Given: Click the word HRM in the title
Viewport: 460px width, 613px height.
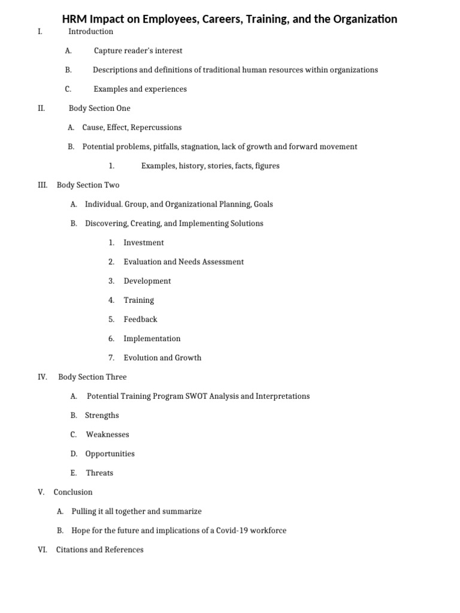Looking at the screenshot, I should [x=74, y=19].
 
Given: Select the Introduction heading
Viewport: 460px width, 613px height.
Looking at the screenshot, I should [x=90, y=32].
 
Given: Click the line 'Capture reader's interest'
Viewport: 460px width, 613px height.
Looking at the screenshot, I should [x=138, y=51].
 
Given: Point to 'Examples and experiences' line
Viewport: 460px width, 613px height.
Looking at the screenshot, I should [x=140, y=89].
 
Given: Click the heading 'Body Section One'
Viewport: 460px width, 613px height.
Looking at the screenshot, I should [x=99, y=108].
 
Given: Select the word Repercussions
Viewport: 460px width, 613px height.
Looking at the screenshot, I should [x=156, y=128].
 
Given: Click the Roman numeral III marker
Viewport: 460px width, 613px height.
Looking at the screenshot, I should [x=43, y=185].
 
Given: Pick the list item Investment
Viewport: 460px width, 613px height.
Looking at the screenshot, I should [x=143, y=242].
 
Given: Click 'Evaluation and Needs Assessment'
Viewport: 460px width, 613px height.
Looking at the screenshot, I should [x=183, y=262].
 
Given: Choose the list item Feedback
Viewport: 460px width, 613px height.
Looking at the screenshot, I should [x=140, y=319].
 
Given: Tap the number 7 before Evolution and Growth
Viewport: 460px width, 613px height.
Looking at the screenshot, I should [x=111, y=357].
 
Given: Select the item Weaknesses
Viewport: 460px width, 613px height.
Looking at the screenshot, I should [x=107, y=435].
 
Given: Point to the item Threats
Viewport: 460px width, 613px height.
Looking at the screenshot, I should [x=99, y=473].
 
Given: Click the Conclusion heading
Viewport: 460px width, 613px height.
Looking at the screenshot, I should [x=73, y=492].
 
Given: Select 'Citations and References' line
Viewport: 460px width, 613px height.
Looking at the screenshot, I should [x=99, y=550].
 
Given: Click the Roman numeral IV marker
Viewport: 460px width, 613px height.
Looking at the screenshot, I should [x=43, y=377].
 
